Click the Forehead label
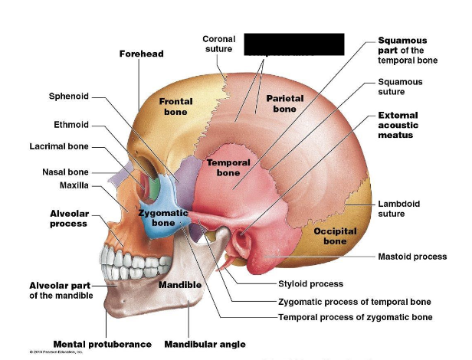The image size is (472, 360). (142, 54)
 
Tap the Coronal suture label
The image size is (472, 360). (218, 44)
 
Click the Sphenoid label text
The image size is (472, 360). (69, 97)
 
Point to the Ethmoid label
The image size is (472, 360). (71, 124)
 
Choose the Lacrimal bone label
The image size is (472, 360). (59, 146)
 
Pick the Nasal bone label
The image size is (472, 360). (65, 172)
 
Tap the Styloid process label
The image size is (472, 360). (310, 284)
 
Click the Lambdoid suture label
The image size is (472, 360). (399, 209)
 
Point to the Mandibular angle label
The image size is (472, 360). (205, 344)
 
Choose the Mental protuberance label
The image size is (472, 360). (103, 344)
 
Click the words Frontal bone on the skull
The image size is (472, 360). (175, 106)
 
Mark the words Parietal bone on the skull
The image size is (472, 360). (285, 103)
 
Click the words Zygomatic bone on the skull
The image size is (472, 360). (163, 218)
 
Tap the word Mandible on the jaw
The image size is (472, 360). (180, 285)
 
